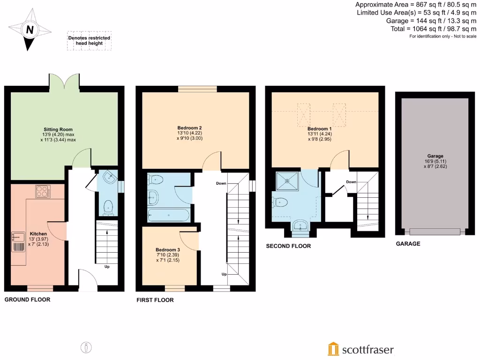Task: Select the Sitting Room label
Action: [58, 129]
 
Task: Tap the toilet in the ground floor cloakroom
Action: [109, 207]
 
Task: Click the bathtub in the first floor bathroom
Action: [168, 216]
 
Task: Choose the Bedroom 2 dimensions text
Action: [189, 135]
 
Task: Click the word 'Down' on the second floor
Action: [351, 182]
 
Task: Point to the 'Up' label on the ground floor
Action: [107, 267]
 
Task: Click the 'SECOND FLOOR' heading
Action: [288, 246]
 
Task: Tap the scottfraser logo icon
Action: [333, 349]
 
